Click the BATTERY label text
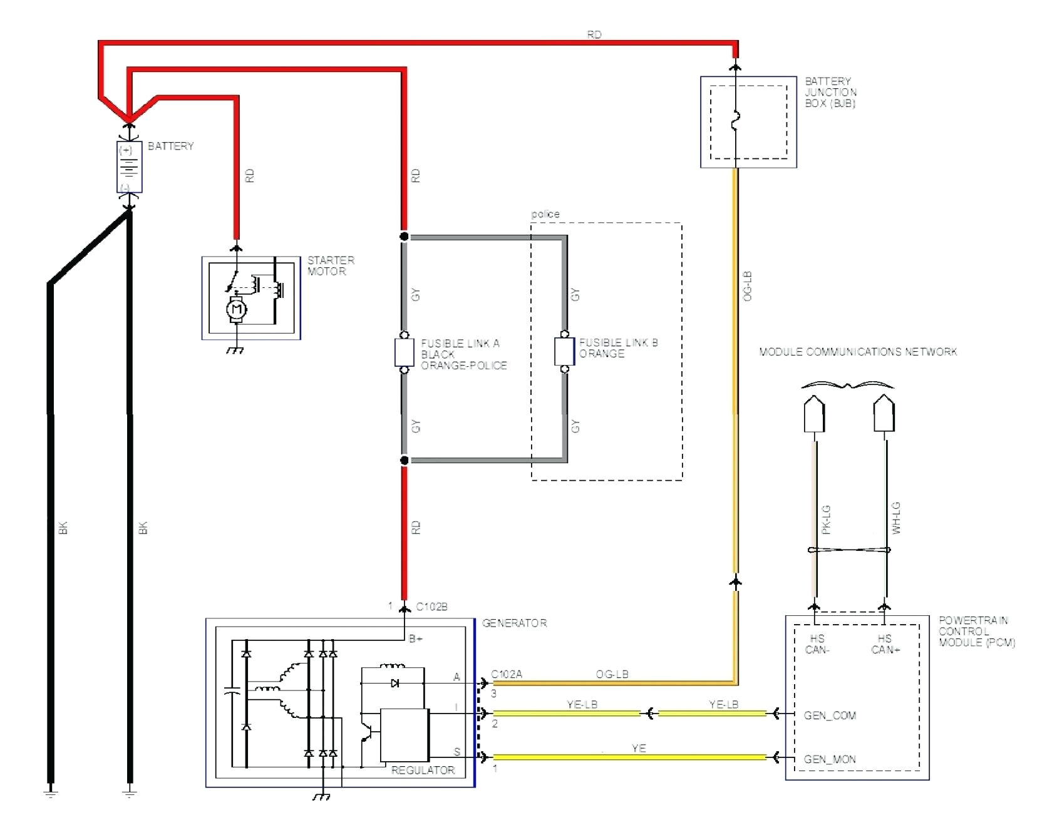coord(170,146)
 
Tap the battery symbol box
coord(129,167)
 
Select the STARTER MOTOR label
coord(331,265)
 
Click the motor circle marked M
coord(236,309)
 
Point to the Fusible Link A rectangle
coord(404,352)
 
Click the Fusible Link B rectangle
coord(564,351)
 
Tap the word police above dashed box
coord(545,214)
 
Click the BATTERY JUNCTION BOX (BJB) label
coord(830,92)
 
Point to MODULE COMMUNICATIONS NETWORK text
coord(858,352)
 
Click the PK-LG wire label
coord(826,520)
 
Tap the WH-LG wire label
coord(895,518)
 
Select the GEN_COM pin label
coord(830,715)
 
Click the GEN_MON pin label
coord(830,759)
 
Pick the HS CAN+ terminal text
coord(885,644)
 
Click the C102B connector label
coord(431,607)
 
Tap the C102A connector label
coord(507,674)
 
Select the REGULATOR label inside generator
coord(423,770)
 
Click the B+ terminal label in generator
coord(416,638)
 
